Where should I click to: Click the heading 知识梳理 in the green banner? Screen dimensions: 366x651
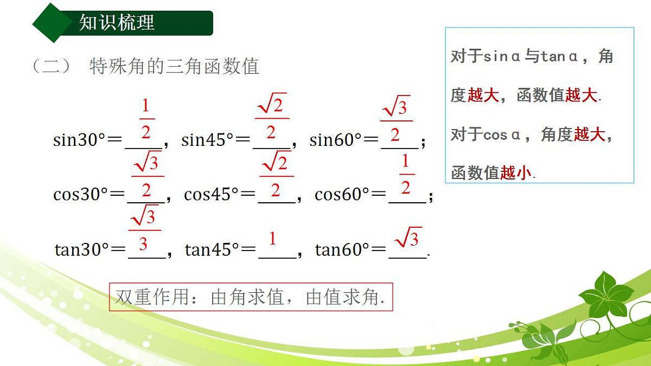[x=117, y=23]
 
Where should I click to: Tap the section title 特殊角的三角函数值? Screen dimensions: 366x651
[x=174, y=66]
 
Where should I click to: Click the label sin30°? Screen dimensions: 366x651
[x=79, y=140]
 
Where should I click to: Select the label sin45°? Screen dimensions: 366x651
[x=207, y=140]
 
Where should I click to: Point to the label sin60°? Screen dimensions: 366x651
[x=335, y=140]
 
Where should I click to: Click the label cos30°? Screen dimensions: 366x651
[x=80, y=194]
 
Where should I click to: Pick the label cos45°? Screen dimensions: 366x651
[x=211, y=194]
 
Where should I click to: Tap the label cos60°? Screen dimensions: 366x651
[x=342, y=194]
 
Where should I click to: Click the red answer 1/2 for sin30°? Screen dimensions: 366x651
[x=145, y=119]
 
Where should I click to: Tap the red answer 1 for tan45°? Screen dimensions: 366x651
[x=273, y=239]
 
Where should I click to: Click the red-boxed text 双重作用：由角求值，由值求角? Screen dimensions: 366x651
[x=251, y=297]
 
